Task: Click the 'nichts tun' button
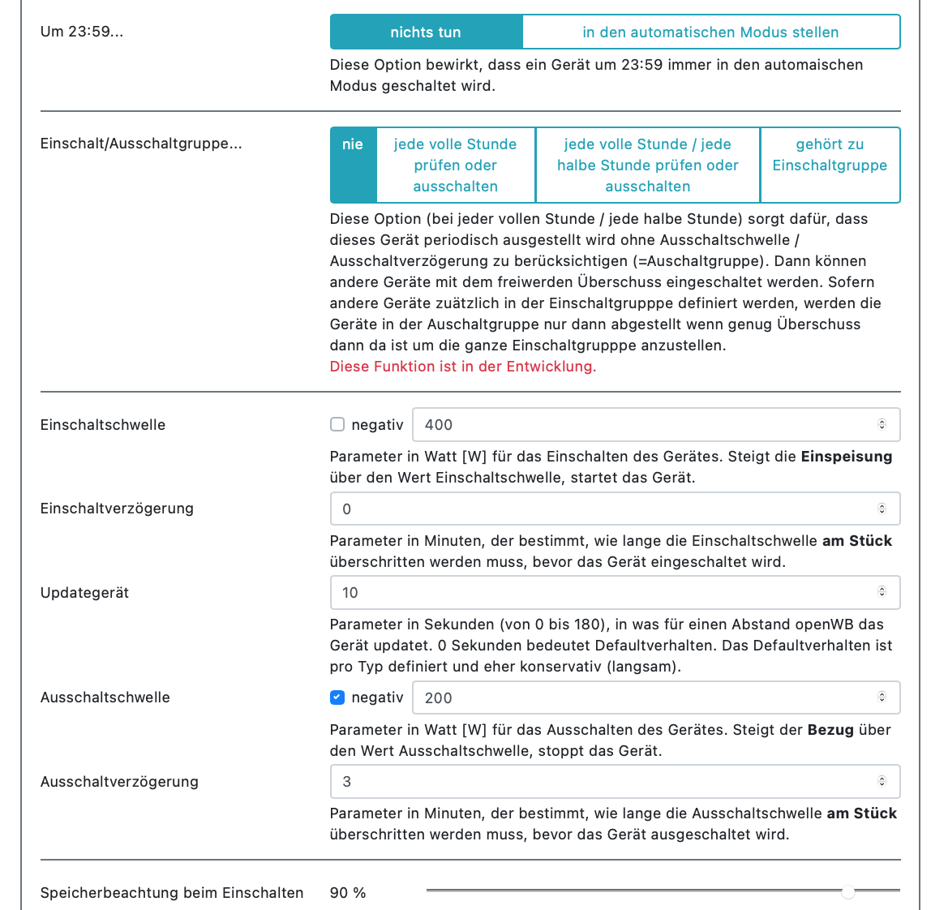426,32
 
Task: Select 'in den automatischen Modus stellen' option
710,32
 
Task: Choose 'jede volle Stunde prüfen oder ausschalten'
455,165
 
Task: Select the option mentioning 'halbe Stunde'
647,165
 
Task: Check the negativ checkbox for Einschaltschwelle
337,424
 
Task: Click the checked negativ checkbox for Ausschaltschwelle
337,698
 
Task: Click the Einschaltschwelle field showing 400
641,424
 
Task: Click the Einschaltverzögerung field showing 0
600,509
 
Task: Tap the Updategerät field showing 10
600,592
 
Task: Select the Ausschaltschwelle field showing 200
641,698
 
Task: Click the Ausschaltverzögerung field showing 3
600,781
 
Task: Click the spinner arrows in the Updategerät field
882,592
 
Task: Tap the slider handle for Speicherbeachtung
847,892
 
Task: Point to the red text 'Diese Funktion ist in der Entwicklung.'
462,367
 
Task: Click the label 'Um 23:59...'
82,32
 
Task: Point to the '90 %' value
348,893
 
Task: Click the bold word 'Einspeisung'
846,457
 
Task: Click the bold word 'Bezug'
830,730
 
